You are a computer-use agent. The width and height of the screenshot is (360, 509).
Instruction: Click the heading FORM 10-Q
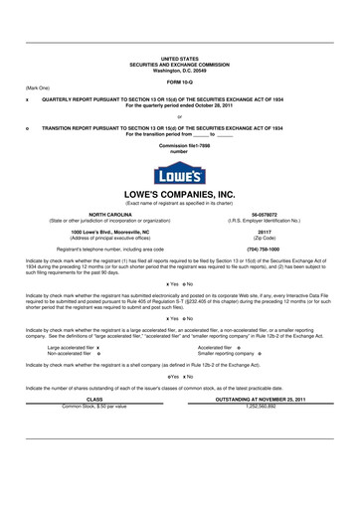point(179,82)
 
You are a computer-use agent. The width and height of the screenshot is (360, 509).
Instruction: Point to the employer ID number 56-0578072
point(265,214)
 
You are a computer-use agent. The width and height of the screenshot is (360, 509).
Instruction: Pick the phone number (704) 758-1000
point(265,249)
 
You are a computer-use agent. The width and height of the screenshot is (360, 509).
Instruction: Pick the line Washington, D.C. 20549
point(179,70)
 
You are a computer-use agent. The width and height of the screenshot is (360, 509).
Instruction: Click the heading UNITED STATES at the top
point(179,59)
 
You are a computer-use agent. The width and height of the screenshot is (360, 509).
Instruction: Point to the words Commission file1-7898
point(179,146)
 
